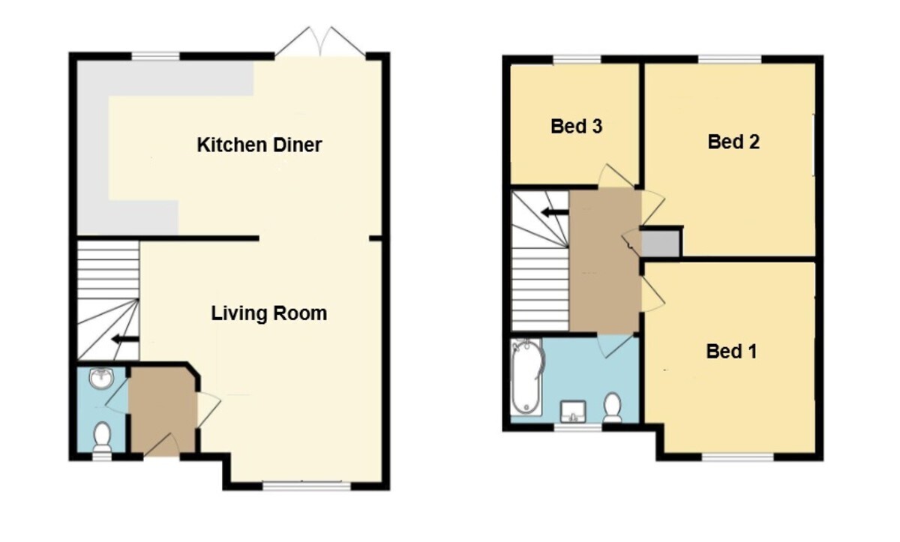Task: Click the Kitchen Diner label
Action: (x=259, y=145)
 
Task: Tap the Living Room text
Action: (x=268, y=313)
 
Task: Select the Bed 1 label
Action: (x=731, y=352)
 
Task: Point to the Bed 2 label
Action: (x=733, y=142)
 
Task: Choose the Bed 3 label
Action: (x=576, y=127)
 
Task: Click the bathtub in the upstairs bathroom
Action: (x=527, y=377)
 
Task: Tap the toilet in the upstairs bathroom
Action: (x=612, y=407)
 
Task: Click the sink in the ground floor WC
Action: (x=102, y=379)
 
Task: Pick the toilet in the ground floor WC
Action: (x=102, y=437)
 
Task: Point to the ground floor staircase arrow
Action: (x=125, y=340)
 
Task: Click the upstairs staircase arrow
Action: (x=554, y=212)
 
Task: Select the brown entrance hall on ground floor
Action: (x=162, y=412)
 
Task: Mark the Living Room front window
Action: (x=307, y=486)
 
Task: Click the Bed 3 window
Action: (x=577, y=60)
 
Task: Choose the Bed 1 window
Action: (x=738, y=457)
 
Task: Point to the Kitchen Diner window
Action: (x=155, y=56)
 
